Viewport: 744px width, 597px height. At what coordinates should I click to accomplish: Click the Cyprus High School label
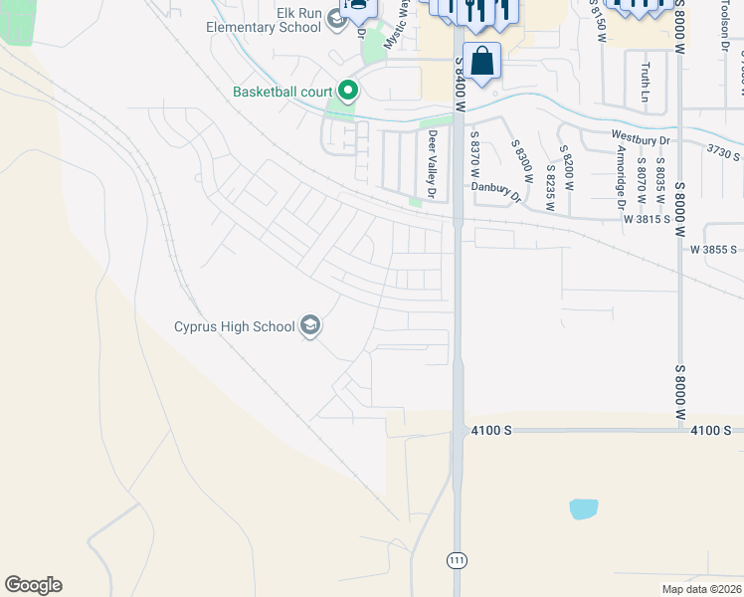pos(235,326)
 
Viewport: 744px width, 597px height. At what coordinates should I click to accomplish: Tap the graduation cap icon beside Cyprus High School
pos(310,326)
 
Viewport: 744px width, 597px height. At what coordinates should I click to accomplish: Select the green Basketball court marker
pos(347,92)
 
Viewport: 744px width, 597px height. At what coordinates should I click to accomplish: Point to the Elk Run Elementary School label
pos(264,20)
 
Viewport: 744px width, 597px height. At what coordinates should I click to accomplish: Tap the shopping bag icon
pos(481,62)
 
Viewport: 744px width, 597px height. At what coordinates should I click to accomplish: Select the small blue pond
pos(584,508)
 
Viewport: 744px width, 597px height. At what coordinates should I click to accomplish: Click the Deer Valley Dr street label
pos(433,164)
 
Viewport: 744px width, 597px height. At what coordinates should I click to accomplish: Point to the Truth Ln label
pos(646,82)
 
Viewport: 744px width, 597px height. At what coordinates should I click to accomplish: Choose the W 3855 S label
pos(715,250)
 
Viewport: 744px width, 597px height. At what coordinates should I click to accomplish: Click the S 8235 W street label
pos(550,182)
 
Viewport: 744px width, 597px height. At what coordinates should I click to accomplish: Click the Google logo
pos(34,585)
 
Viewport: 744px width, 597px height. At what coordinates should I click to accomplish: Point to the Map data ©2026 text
pos(701,589)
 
